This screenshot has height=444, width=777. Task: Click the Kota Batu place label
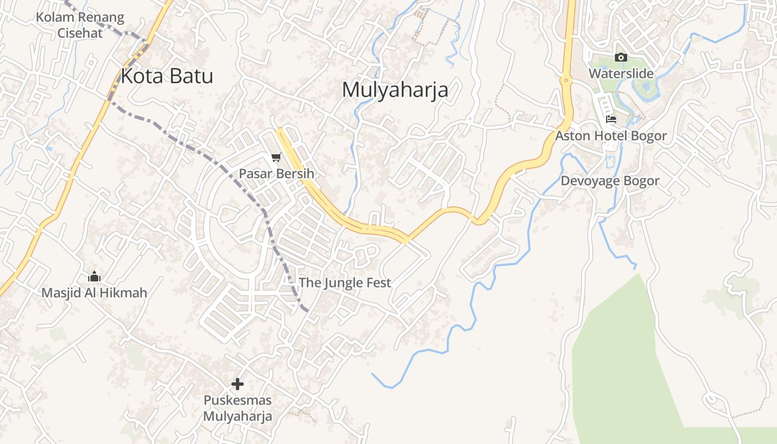[x=167, y=76]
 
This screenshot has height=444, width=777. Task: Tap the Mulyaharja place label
[x=395, y=89]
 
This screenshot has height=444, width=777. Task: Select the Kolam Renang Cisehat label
[x=80, y=25]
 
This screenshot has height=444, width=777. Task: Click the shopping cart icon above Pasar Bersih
[x=276, y=158]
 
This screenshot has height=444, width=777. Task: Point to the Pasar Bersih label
[x=276, y=174]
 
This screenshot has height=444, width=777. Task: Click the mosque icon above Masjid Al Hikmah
[x=94, y=276]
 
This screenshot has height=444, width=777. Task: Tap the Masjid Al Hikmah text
[x=94, y=292]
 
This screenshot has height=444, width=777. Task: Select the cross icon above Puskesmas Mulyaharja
[x=238, y=384]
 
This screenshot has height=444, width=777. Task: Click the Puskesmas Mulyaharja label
[x=238, y=408]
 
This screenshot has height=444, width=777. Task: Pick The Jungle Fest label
[x=345, y=282]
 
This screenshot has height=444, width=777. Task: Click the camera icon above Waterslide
[x=620, y=57]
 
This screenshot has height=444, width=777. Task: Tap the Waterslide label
[x=620, y=73]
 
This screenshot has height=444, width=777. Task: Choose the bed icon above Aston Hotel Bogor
[x=611, y=119]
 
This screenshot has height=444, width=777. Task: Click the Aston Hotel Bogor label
[x=611, y=136]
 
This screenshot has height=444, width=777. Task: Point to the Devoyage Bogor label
[x=609, y=181]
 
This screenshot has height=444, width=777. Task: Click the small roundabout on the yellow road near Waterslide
[x=566, y=80]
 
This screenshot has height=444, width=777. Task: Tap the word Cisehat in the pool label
[x=80, y=33]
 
